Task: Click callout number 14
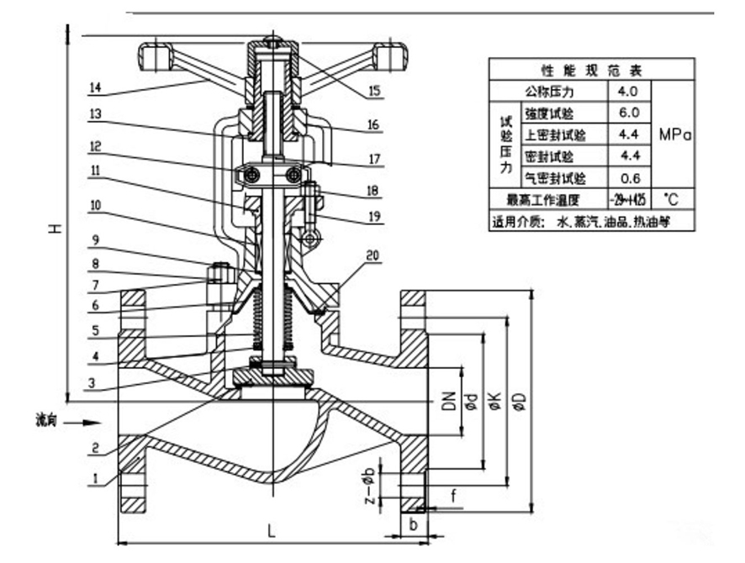click(x=95, y=87)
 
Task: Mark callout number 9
click(x=95, y=238)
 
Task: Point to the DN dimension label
click(x=447, y=402)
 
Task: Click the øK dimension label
click(x=495, y=402)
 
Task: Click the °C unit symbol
click(x=670, y=200)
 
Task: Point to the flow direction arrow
click(x=84, y=423)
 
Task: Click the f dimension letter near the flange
click(x=453, y=497)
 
